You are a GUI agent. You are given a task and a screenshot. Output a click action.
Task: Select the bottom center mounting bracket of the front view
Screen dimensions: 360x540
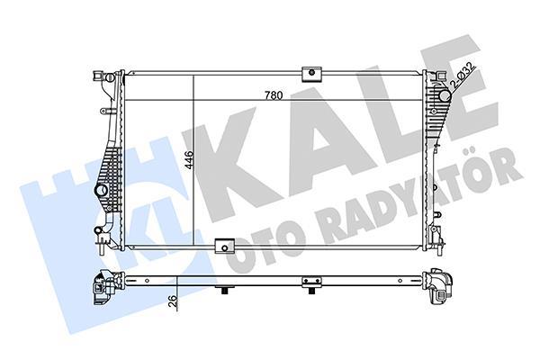click(x=225, y=244)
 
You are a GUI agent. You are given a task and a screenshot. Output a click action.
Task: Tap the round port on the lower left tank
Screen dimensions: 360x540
click(x=100, y=192)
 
